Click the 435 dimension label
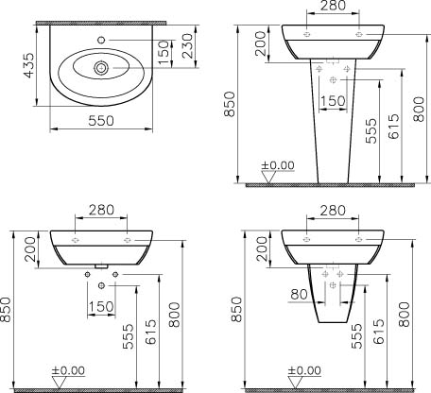click(29, 65)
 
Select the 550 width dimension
click(101, 121)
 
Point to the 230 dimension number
click(188, 45)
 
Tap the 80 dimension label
click(299, 295)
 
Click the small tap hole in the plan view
click(101, 40)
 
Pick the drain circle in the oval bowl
click(101, 68)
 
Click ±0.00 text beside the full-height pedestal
click(278, 165)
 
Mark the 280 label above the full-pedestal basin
click(333, 6)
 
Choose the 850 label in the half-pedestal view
click(237, 309)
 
